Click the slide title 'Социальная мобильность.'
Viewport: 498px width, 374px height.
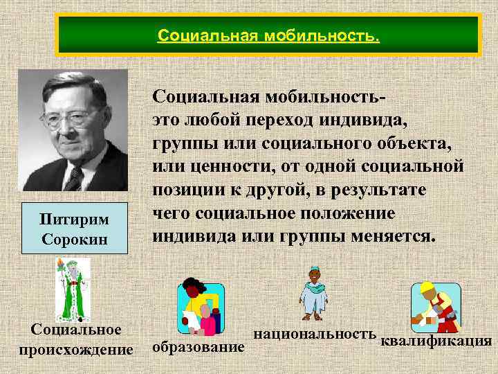[268, 35]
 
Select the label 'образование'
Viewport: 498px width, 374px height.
[198, 346]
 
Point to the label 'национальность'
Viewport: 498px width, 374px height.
[315, 333]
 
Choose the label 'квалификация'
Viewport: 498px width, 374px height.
[436, 341]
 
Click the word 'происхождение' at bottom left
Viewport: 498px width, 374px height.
[76, 348]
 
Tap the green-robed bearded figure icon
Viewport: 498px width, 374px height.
[73, 289]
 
